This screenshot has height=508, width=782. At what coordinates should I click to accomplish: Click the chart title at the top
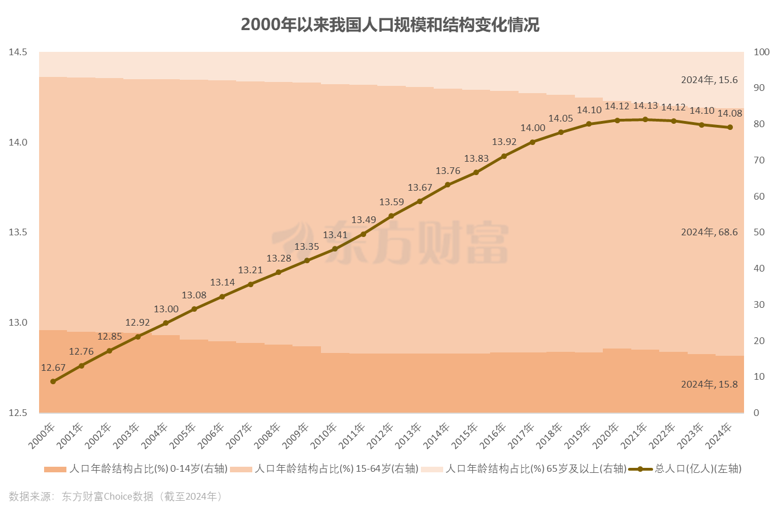tap(390, 25)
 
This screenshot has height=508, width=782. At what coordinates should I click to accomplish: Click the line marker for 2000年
tap(53, 381)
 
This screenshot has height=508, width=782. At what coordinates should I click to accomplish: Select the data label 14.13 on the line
tap(645, 106)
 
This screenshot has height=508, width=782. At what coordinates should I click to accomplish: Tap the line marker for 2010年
tap(335, 249)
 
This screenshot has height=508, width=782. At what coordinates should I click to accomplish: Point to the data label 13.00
tap(166, 309)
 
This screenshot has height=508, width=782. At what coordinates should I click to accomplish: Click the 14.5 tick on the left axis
tap(18, 52)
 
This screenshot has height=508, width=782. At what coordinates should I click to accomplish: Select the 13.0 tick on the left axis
tap(18, 322)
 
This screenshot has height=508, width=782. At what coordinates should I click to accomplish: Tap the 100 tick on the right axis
tap(761, 52)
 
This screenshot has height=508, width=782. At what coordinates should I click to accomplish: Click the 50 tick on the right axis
tap(759, 232)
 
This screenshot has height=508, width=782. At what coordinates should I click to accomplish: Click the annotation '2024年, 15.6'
tap(709, 80)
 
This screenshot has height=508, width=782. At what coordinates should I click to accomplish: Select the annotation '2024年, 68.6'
tap(709, 232)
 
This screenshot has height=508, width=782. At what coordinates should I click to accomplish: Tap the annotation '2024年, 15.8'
tap(709, 384)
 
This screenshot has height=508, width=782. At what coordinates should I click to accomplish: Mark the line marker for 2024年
tap(730, 127)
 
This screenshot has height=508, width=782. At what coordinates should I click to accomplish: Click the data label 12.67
tap(53, 367)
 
